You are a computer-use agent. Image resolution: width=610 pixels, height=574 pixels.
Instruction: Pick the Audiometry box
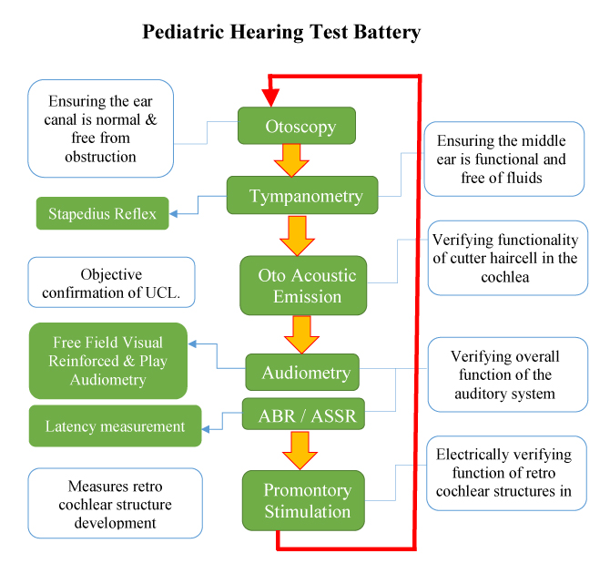click(x=301, y=373)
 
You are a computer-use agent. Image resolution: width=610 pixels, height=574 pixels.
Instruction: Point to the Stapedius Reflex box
click(x=102, y=214)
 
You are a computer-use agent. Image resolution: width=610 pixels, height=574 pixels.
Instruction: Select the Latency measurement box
click(x=115, y=426)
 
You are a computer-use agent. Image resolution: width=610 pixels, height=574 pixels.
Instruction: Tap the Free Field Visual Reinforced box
click(x=107, y=361)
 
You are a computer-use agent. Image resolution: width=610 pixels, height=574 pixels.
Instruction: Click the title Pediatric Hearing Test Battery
click(x=281, y=33)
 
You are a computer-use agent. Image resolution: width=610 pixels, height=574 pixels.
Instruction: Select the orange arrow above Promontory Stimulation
click(x=297, y=449)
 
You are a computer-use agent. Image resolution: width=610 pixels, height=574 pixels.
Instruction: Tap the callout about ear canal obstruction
click(x=100, y=128)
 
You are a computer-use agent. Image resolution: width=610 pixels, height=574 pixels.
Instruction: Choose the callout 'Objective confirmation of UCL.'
click(x=111, y=282)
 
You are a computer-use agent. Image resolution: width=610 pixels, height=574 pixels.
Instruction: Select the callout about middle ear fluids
click(x=503, y=159)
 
